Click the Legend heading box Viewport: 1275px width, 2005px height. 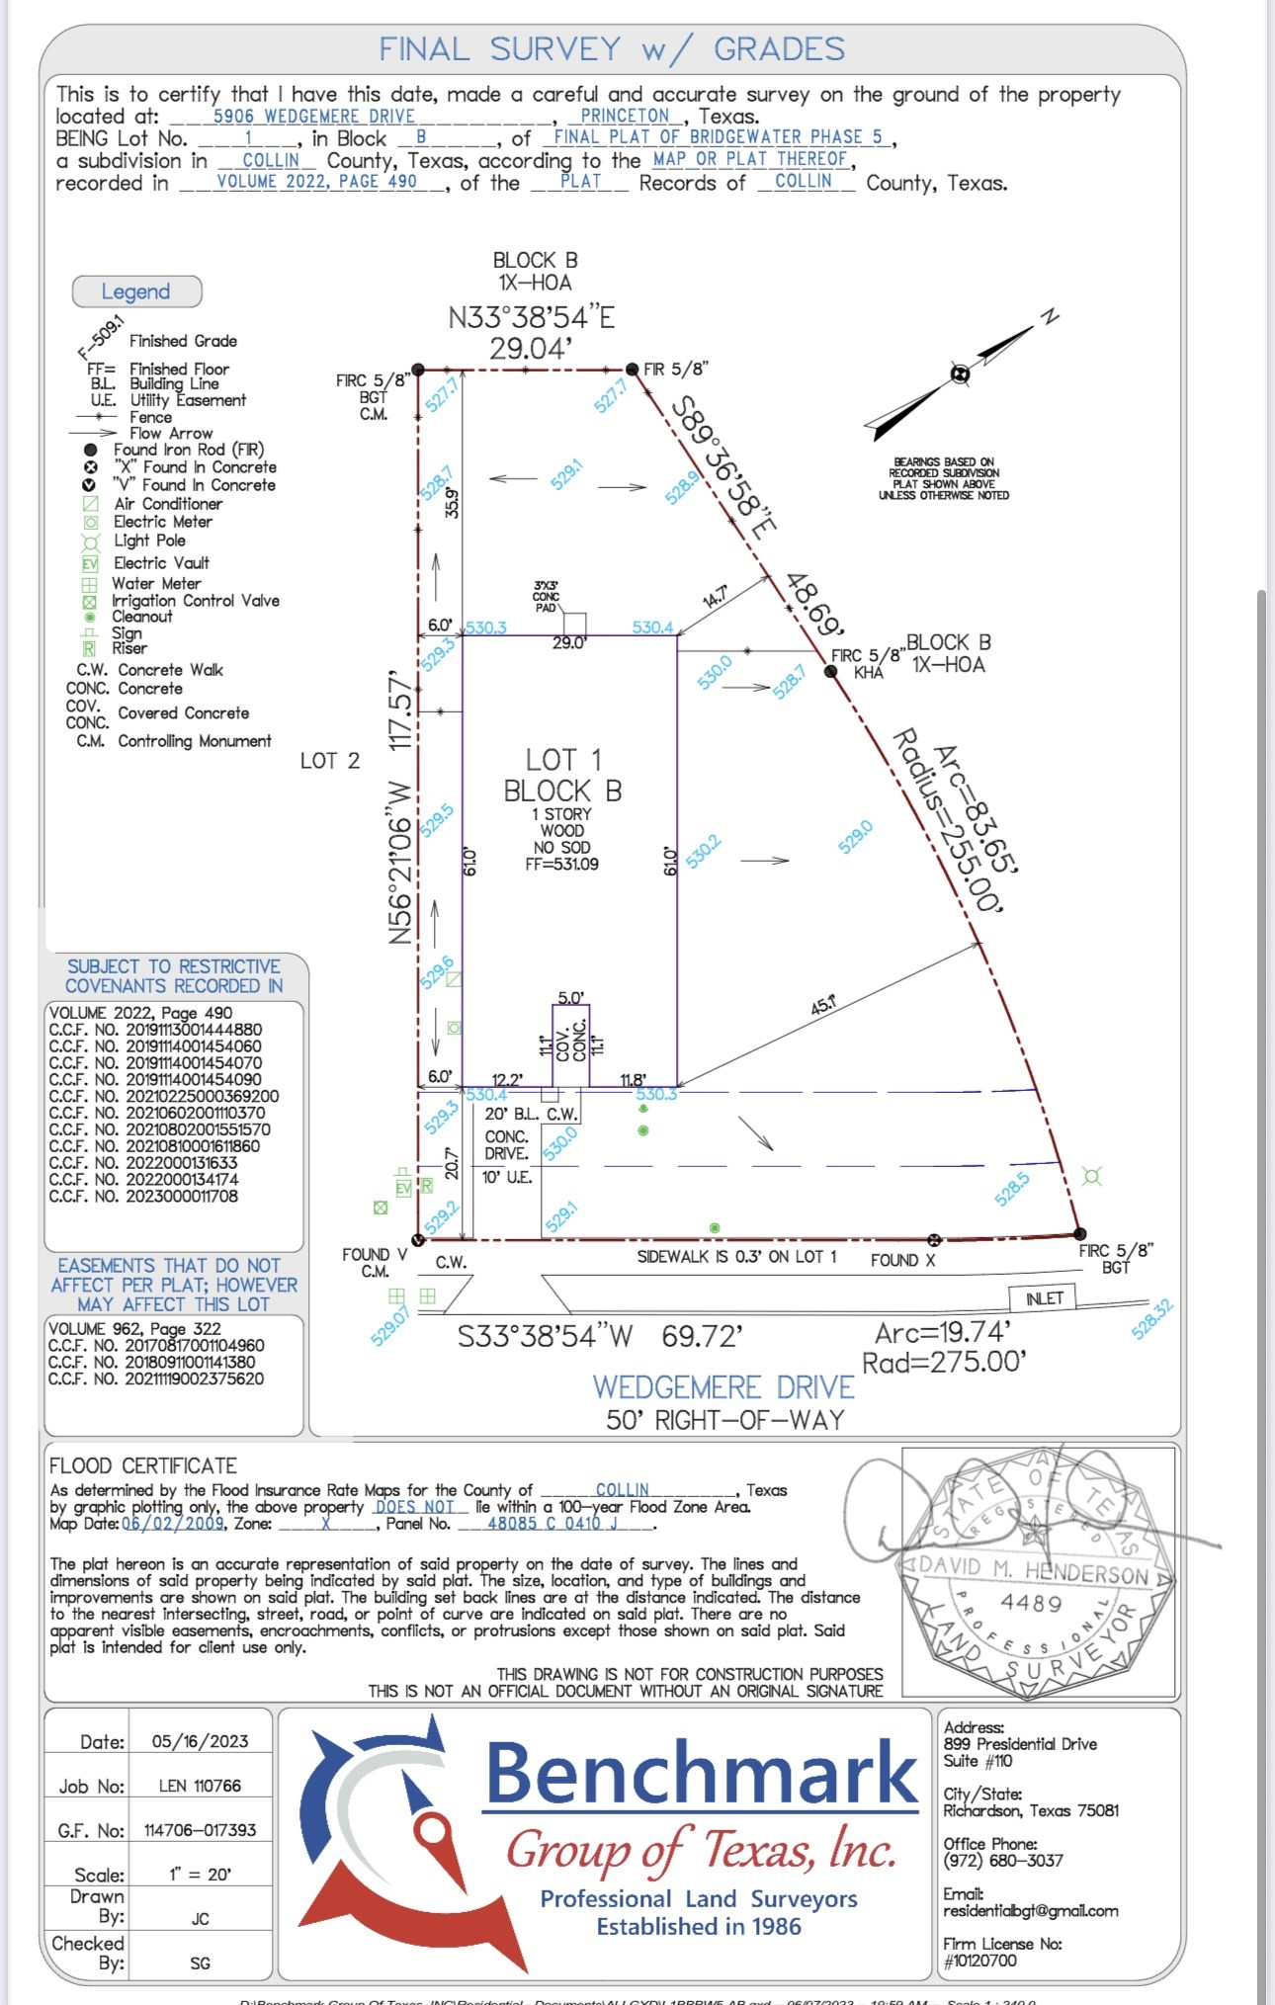pos(136,292)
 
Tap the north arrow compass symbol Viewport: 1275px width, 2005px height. pos(960,374)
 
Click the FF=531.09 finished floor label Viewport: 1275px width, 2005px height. pos(561,864)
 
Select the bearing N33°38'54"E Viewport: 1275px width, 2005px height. pos(532,317)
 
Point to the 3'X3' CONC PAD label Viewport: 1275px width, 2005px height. pos(546,596)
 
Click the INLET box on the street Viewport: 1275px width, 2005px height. pos(1043,1298)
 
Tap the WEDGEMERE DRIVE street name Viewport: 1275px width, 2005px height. pos(722,1387)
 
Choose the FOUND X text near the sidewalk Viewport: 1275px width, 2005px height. pos(902,1260)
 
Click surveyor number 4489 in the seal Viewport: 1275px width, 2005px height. pos(1031,1602)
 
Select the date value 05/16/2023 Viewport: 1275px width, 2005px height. pos(200,1741)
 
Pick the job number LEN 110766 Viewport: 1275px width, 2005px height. pos(200,1786)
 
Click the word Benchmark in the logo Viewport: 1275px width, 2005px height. pos(702,1773)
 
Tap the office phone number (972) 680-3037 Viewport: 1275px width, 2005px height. pos(1003,1861)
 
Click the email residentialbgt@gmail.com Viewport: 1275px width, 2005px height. pos(1031,1911)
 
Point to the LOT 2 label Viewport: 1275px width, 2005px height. pos(330,761)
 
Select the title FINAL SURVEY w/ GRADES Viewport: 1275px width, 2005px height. pos(612,49)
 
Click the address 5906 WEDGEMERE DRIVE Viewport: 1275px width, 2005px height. pos(314,117)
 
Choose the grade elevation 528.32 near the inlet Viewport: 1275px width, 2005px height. pos(1151,1319)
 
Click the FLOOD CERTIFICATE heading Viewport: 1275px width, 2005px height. pos(143,1465)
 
